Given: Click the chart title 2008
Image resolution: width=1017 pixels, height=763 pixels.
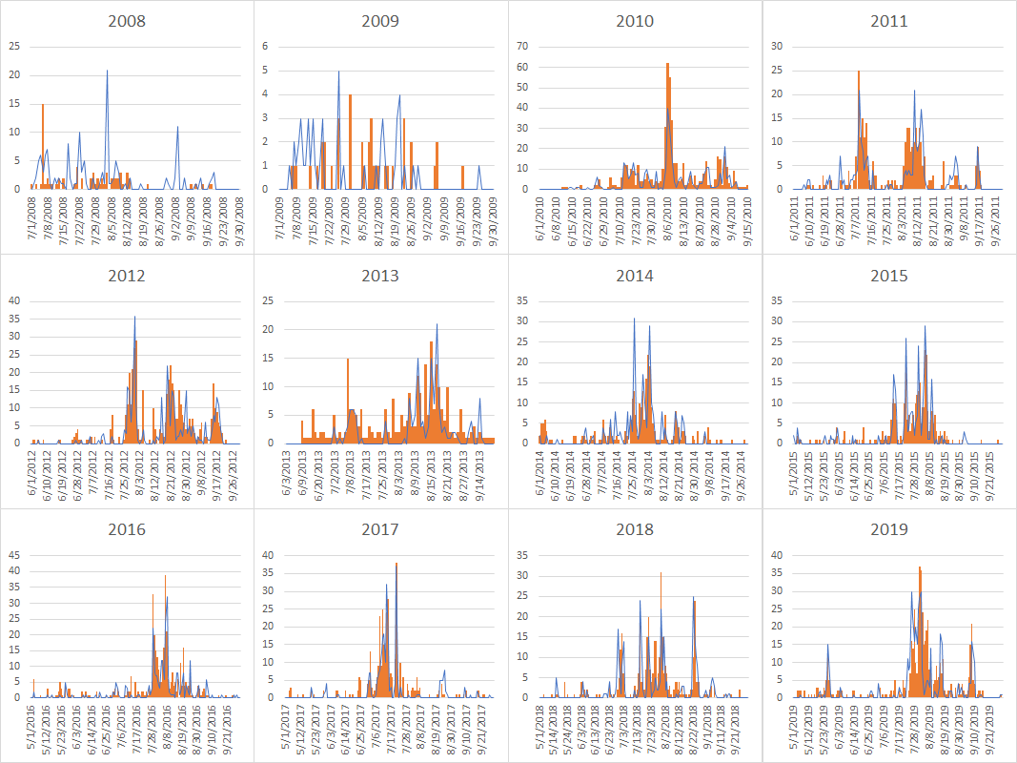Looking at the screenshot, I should coord(127,21).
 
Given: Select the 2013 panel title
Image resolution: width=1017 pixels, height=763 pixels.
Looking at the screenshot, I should coord(380,276).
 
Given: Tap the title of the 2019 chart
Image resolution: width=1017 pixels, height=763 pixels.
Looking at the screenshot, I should coord(888,529).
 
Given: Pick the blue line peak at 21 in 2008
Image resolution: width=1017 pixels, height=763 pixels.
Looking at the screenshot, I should coord(107,71).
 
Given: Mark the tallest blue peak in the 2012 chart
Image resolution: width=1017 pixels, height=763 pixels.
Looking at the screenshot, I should coord(134,317).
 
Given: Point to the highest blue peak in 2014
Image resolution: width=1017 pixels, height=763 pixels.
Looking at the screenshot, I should coord(635,320).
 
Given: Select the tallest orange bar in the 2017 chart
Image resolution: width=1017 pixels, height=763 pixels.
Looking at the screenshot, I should coord(397,565).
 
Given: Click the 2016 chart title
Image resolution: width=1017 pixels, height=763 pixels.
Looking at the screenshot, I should coord(127,529).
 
